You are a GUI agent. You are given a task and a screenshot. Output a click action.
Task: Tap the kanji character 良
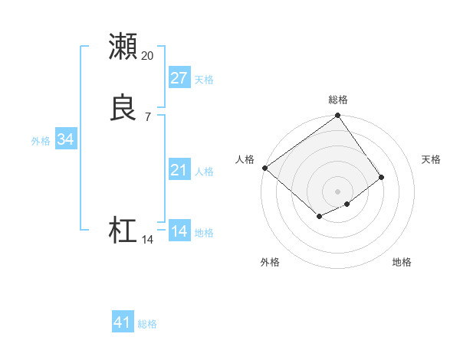[x=123, y=107]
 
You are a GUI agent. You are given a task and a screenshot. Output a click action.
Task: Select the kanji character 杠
[x=123, y=231]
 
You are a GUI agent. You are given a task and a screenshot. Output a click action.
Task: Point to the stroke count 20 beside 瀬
[x=148, y=55]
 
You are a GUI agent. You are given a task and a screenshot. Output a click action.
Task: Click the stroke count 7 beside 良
[x=148, y=116]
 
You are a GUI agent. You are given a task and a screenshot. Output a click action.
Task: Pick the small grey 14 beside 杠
[x=148, y=240]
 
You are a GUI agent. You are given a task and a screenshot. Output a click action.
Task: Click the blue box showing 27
[x=179, y=78]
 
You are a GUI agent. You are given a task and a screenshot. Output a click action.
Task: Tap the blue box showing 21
[x=179, y=170]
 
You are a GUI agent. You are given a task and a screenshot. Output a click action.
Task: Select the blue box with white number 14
[x=179, y=231]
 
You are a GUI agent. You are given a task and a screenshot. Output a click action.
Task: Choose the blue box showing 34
[x=66, y=139]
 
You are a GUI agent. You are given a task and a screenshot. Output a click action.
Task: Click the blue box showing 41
[x=123, y=322]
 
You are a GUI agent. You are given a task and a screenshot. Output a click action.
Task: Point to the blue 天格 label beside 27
[x=204, y=80]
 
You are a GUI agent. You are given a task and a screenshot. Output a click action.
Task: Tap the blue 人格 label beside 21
[x=204, y=172]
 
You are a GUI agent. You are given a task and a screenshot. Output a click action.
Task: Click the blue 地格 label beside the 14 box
[x=204, y=233]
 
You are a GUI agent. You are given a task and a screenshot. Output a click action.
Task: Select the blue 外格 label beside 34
[x=41, y=141]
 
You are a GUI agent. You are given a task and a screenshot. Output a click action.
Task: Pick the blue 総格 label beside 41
[x=147, y=324]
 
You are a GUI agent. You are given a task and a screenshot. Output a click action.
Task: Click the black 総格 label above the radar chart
[x=338, y=100]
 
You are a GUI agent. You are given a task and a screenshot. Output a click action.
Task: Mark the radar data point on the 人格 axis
[x=264, y=168]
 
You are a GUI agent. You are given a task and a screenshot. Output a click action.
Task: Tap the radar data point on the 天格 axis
[x=381, y=177]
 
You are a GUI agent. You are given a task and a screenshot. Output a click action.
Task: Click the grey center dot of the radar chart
[x=338, y=191]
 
